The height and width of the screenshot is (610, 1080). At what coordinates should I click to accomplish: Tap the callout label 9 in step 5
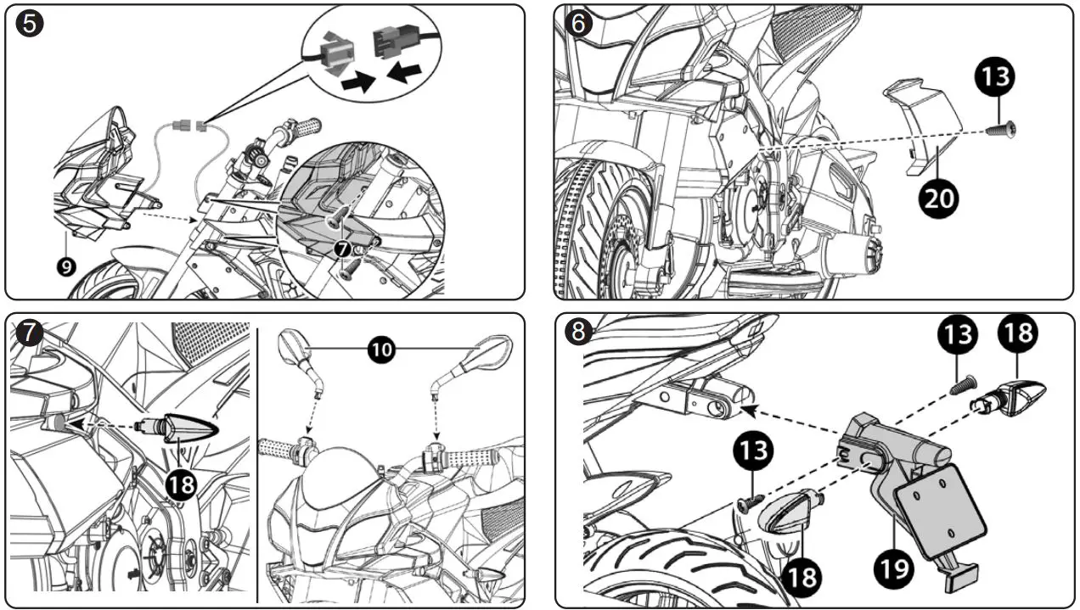pyautogui.click(x=66, y=266)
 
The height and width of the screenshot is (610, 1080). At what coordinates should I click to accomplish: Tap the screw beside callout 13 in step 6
pyautogui.click(x=1003, y=129)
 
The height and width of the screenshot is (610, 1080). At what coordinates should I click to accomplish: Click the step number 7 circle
pyautogui.click(x=30, y=332)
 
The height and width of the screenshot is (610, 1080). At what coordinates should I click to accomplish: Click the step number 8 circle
pyautogui.click(x=578, y=332)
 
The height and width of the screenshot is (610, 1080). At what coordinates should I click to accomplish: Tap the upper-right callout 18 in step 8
pyautogui.click(x=1016, y=333)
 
